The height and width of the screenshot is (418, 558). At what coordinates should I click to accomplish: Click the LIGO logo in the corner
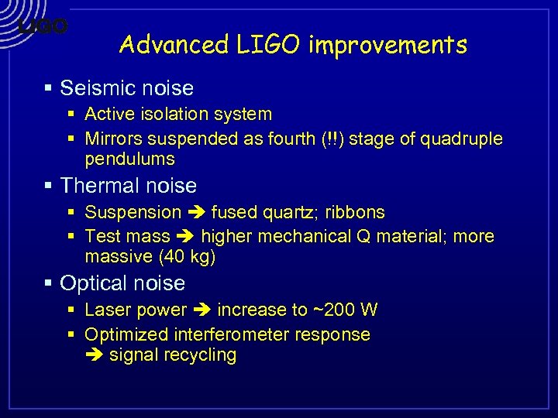pos(43,26)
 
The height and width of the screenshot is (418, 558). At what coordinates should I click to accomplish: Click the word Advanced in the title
pos(173,45)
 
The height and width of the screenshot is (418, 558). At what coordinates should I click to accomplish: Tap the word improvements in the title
pos(388,45)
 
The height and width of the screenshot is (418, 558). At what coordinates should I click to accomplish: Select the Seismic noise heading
pos(126,88)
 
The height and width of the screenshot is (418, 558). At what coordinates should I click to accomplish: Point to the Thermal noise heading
pos(128,186)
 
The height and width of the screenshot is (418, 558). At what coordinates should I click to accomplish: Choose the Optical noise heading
pos(122,283)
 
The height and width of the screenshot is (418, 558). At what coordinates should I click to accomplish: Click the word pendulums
pos(129,159)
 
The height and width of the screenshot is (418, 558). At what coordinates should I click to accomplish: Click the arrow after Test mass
pos(185,237)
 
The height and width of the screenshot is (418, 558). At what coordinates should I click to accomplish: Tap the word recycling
pos(201,355)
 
